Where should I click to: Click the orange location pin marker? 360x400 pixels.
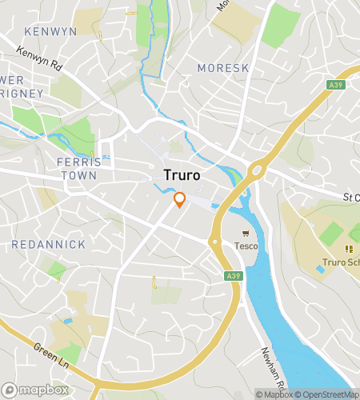[180, 200]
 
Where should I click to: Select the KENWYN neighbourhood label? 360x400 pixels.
[50, 31]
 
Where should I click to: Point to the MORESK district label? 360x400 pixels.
[223, 68]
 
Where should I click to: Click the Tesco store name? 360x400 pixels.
[246, 246]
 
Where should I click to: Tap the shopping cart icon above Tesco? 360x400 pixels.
[246, 234]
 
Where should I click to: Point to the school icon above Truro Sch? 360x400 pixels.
[349, 249]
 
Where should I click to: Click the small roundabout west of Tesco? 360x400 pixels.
[214, 241]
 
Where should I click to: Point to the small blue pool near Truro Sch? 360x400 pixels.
[320, 269]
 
